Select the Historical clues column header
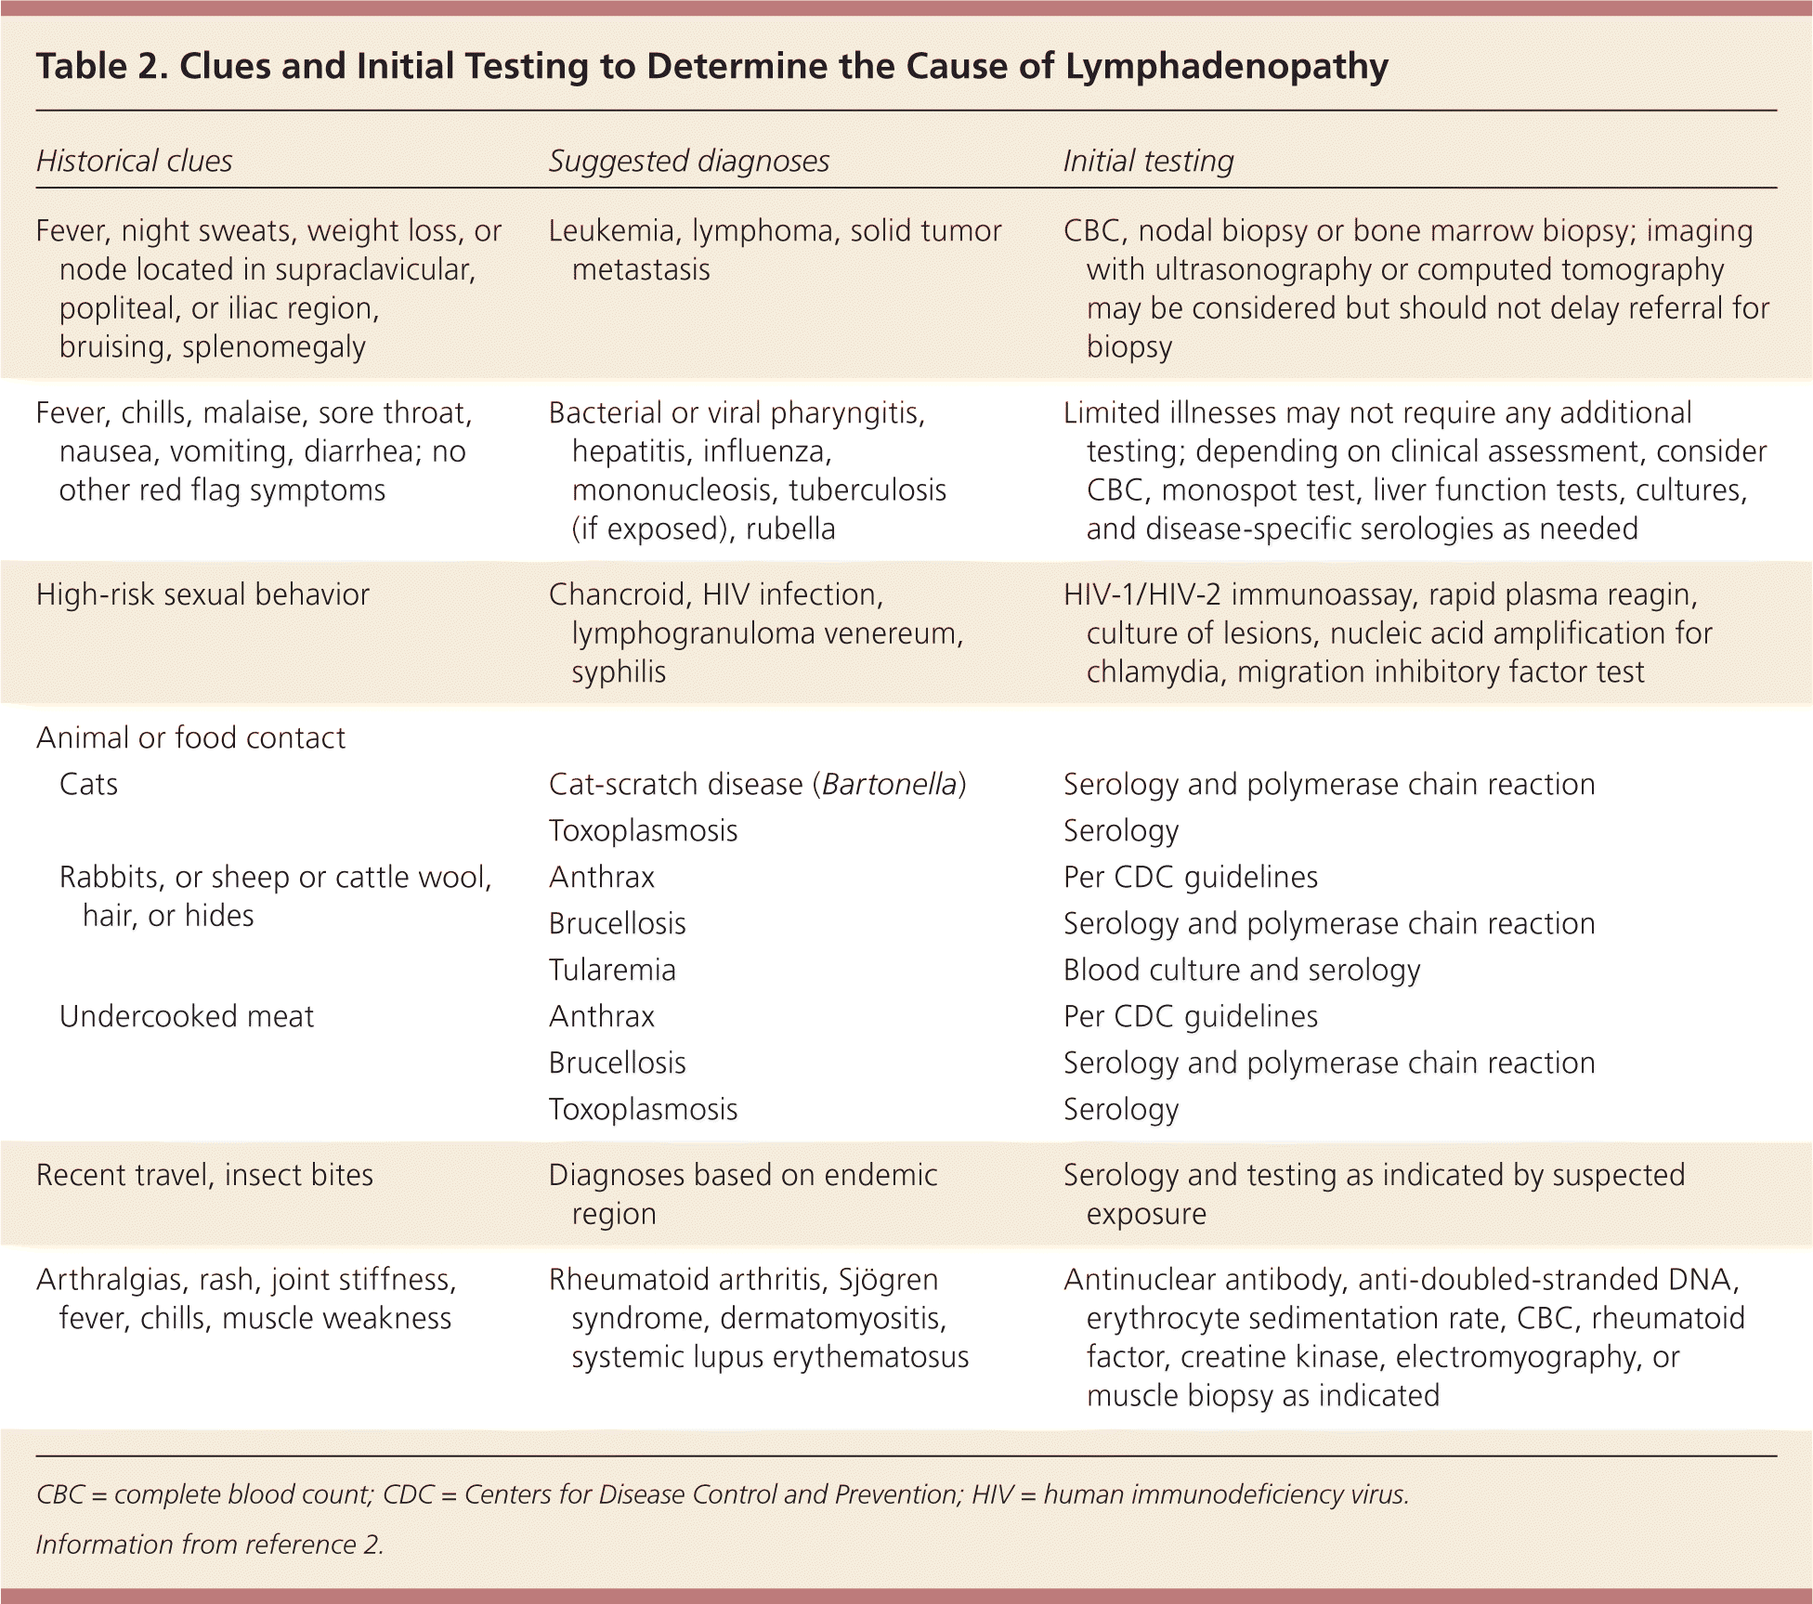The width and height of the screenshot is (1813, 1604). point(134,162)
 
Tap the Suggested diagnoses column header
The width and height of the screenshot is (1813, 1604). point(688,162)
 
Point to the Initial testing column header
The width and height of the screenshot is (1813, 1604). point(1148,162)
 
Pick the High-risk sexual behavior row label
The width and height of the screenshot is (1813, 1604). point(202,594)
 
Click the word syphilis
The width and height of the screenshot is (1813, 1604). point(619,672)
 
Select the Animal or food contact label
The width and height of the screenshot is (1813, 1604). point(190,737)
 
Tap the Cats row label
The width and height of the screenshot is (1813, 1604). point(88,785)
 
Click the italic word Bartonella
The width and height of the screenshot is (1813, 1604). point(889,785)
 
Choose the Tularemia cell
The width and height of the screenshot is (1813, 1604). point(612,971)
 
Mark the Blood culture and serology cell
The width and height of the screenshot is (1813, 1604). point(1242,971)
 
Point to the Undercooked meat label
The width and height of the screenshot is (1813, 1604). point(187,1017)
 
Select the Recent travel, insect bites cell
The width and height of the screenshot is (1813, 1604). point(204,1176)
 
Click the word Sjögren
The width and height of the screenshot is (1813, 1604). point(888,1280)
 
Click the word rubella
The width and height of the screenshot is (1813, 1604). point(790,529)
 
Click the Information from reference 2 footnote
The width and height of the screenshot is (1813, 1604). point(210,1545)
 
